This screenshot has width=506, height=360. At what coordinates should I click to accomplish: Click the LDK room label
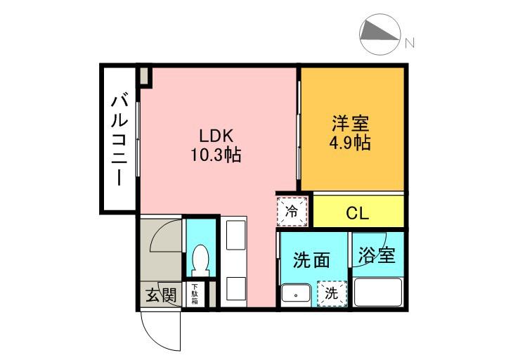[216, 136]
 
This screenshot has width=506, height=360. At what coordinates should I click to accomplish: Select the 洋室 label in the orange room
[351, 123]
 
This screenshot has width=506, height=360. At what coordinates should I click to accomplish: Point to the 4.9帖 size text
[350, 142]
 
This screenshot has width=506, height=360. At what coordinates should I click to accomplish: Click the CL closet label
[357, 213]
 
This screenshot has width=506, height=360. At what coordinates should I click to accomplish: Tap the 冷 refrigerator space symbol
[292, 211]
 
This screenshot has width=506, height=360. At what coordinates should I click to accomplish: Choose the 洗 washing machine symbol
[332, 293]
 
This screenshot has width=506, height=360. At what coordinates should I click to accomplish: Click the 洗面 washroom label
[311, 259]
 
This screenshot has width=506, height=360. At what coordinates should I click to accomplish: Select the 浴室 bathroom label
[377, 255]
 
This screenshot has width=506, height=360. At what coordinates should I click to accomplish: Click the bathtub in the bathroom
[378, 292]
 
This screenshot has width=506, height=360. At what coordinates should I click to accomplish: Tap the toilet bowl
[200, 261]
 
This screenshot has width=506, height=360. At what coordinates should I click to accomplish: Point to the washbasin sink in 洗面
[296, 295]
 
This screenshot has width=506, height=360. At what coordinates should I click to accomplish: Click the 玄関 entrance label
[161, 295]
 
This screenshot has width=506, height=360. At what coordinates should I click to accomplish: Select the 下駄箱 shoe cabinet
[195, 295]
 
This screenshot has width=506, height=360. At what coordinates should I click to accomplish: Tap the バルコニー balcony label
[120, 139]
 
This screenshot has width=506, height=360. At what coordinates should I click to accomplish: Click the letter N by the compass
[410, 43]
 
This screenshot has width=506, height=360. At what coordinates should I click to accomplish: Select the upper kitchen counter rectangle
[236, 235]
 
